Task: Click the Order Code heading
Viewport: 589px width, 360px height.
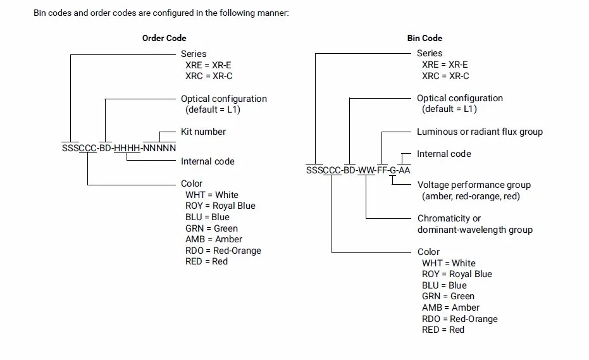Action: [x=164, y=38]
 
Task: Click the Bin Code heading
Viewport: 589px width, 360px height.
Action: [x=425, y=38]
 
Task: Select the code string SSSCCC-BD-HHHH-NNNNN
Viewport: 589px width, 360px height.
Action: [x=119, y=148]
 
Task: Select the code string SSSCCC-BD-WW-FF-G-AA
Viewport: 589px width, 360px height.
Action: [x=358, y=170]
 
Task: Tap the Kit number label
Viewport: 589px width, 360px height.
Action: [x=203, y=132]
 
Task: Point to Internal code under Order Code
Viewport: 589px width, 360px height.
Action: [x=208, y=161]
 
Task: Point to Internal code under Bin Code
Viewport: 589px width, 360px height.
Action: [x=444, y=154]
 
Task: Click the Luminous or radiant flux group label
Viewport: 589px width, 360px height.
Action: [x=480, y=132]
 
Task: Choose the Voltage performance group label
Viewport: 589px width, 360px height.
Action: [x=474, y=185]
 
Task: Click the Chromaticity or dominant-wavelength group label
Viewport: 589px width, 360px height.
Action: [x=475, y=224]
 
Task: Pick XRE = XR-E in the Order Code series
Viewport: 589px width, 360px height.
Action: [x=208, y=65]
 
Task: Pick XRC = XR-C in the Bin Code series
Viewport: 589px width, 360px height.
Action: [x=445, y=76]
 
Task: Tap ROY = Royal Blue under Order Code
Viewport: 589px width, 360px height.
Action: [x=220, y=206]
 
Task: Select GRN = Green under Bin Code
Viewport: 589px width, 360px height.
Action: [x=448, y=296]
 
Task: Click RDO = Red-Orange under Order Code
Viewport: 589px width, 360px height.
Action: [x=223, y=251]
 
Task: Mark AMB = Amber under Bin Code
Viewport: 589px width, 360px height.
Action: [x=450, y=307]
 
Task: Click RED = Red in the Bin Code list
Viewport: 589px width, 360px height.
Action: [x=443, y=330]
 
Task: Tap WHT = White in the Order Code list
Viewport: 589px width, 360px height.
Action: [x=212, y=195]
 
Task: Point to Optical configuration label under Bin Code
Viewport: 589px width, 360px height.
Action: [x=460, y=98]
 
